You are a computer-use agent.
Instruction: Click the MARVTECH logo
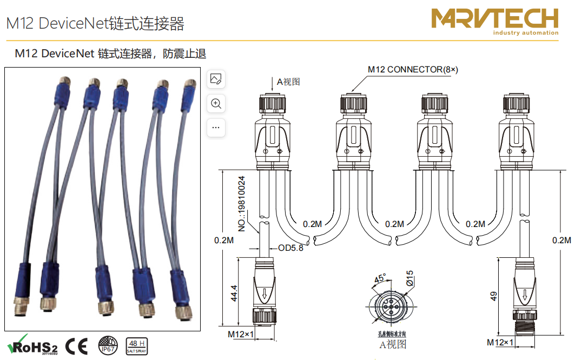[x=494, y=19]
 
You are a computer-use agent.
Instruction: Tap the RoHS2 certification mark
[x=32, y=345]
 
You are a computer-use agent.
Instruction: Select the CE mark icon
[x=76, y=345]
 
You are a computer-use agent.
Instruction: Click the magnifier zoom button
[x=216, y=103]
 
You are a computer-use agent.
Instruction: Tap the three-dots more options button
[x=216, y=128]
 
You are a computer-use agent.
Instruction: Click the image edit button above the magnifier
[x=216, y=79]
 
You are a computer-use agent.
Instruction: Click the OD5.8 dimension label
[x=290, y=249]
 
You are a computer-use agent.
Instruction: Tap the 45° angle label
[x=380, y=278]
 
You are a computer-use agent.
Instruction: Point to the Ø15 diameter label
[x=409, y=282]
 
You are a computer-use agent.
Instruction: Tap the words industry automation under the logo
[x=525, y=33]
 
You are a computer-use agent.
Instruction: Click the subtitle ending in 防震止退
[x=110, y=54]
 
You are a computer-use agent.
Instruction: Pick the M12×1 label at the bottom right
[x=500, y=342]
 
